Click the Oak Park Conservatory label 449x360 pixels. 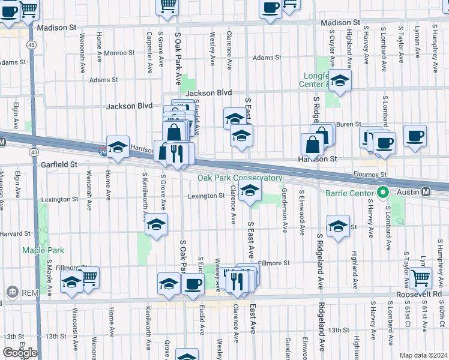click(240, 178)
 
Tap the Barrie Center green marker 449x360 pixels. click(382, 193)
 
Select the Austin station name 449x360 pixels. click(406, 192)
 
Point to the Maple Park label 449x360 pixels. click(38, 250)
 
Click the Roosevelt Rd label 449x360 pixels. click(418, 295)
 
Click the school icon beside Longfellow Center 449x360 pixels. click(340, 81)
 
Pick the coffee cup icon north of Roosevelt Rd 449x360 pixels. click(193, 284)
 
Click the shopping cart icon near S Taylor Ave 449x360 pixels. click(420, 278)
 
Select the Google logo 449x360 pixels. click(19, 353)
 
